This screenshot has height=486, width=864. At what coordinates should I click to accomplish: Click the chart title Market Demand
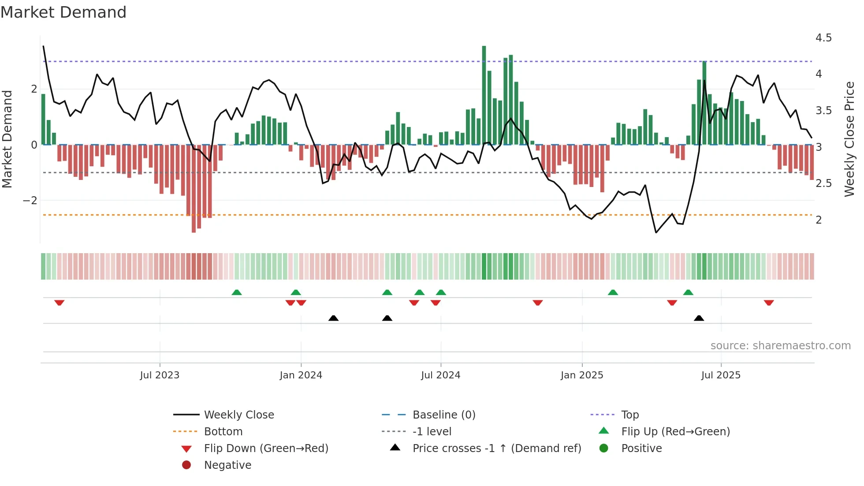click(63, 12)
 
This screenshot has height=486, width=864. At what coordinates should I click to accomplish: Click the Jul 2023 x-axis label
click(160, 375)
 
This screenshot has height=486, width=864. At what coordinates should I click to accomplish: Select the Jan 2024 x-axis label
click(301, 375)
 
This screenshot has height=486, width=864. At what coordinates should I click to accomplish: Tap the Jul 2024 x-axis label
click(440, 375)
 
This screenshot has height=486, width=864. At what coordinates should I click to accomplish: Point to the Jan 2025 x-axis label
click(582, 375)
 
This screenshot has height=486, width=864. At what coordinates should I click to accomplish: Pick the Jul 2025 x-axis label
click(721, 375)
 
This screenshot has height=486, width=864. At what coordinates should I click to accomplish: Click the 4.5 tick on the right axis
click(823, 38)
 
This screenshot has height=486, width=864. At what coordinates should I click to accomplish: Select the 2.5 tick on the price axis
click(823, 183)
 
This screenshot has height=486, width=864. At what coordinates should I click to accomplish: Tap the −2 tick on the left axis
click(30, 201)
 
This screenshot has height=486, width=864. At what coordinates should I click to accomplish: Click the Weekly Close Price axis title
click(849, 139)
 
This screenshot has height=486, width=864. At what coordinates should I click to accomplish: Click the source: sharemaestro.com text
click(780, 346)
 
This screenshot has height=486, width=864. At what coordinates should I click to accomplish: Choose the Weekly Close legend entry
click(239, 415)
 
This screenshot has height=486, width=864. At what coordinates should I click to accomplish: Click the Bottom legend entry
click(223, 432)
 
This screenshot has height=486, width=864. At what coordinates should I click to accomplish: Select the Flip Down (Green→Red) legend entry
click(266, 449)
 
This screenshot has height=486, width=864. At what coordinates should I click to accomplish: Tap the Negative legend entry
click(227, 465)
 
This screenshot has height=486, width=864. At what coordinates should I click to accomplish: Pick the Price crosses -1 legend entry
click(497, 449)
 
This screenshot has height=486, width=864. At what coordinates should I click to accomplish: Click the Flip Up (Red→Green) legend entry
click(675, 432)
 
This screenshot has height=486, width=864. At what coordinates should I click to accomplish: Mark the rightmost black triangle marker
click(699, 318)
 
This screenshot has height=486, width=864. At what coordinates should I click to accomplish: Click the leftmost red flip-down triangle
click(60, 303)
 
